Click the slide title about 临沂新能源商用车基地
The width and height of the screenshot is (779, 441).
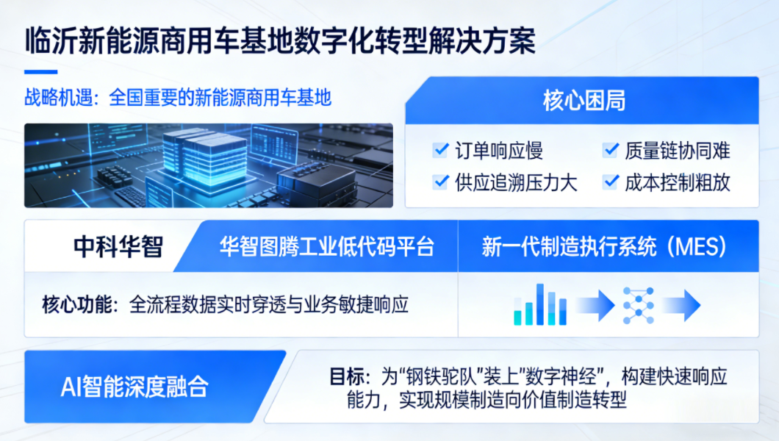280,40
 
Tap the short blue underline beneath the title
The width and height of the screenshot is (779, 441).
40,72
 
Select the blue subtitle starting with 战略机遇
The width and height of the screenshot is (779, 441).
178,97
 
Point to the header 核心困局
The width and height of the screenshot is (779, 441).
584,101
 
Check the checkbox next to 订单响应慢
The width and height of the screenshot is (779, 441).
440,149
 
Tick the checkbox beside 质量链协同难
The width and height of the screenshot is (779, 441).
610,149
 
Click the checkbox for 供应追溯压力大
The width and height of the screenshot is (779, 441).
440,182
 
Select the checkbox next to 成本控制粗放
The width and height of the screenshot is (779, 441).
610,182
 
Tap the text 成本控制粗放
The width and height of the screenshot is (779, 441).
677,183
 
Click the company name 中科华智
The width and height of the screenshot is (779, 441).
118,247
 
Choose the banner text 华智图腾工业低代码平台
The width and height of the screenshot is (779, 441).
327,247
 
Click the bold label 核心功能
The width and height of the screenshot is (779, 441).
77,304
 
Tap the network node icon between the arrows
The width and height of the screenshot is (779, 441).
639,306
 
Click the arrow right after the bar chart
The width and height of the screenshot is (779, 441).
595,305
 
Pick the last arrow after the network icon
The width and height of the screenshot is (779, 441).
682,305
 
